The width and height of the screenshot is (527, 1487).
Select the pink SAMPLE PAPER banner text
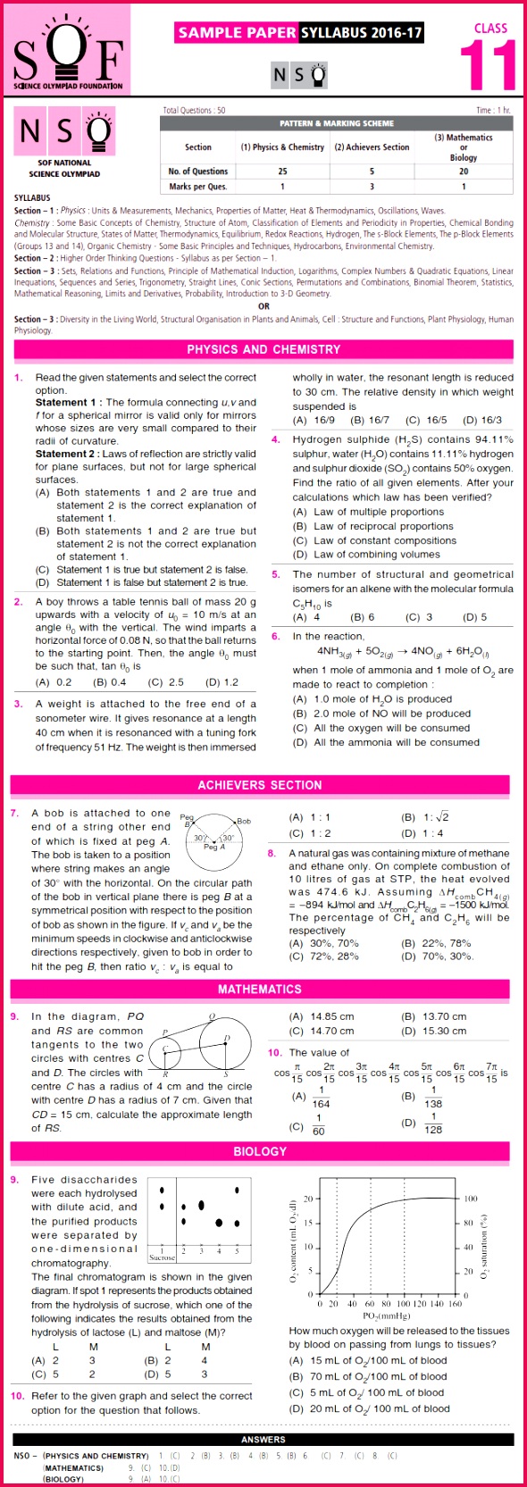tap(237, 33)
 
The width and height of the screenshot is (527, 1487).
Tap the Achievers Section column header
tap(372, 147)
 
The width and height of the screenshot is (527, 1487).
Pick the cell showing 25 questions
tap(282, 171)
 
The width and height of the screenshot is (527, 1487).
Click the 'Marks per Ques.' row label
tap(197, 187)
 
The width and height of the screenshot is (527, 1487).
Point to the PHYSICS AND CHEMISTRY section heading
tap(263, 349)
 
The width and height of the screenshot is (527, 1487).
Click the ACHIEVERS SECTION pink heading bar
tap(260, 785)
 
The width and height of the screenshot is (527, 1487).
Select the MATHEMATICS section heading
tap(260, 990)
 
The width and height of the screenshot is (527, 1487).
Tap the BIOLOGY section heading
tap(260, 1151)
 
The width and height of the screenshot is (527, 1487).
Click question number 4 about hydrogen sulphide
tap(276, 439)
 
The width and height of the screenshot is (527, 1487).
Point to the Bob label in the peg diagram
tap(244, 821)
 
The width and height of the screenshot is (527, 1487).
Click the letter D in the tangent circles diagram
tap(227, 1038)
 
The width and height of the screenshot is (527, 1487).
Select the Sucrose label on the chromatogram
tap(162, 1257)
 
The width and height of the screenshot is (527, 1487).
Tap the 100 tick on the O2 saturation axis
tap(471, 1199)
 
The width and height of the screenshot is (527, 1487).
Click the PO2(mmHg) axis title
tap(386, 1316)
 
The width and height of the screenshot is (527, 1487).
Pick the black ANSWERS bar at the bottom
tap(263, 1439)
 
